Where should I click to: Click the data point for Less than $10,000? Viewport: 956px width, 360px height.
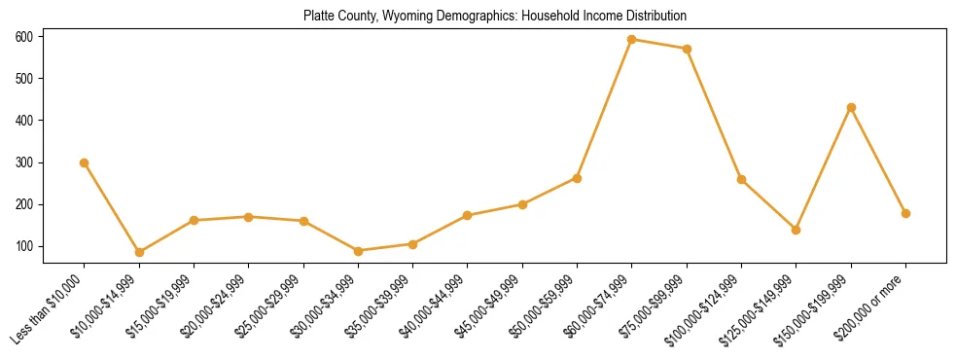point(85,162)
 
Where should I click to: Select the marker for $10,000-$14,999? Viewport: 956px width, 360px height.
point(139,252)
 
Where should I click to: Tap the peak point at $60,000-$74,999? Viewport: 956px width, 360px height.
point(632,40)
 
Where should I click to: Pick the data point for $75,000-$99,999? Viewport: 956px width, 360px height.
point(687,49)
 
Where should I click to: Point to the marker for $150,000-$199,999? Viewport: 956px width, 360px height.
point(851,107)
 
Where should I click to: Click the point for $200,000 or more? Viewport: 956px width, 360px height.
point(905,213)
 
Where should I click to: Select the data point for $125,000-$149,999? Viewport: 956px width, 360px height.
point(797,230)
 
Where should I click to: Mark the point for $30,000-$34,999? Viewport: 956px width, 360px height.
point(358,251)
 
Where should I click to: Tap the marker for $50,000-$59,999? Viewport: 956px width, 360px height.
point(577,178)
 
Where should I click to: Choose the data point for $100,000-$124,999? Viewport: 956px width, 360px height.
point(741,179)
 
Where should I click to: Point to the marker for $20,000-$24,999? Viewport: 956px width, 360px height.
point(249,217)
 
